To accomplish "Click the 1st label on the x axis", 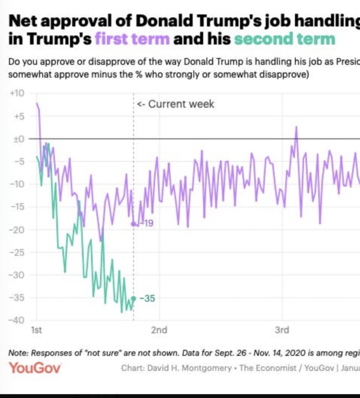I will click(x=36, y=330).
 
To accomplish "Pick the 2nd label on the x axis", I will click(x=159, y=330).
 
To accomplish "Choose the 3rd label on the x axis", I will click(x=282, y=330).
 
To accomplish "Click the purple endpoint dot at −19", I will click(x=133, y=224).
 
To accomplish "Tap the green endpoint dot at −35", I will click(x=133, y=298).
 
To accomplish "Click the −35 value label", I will click(x=148, y=298).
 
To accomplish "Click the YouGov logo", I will click(x=35, y=368).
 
